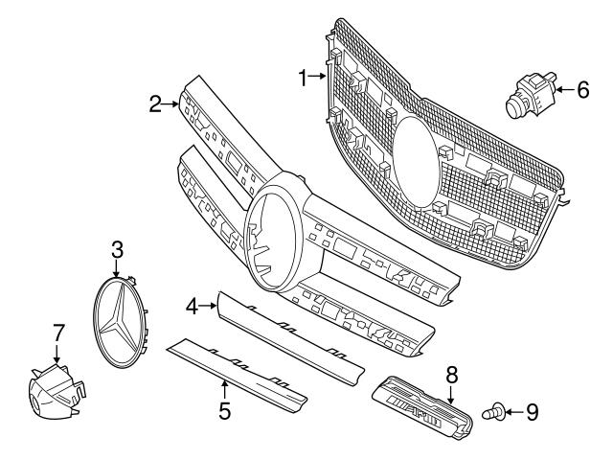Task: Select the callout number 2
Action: tap(155, 103)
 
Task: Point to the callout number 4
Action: tap(191, 307)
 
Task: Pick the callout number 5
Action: tap(224, 413)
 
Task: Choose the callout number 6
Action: tap(581, 89)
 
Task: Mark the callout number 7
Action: tap(57, 333)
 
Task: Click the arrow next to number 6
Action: tap(564, 89)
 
